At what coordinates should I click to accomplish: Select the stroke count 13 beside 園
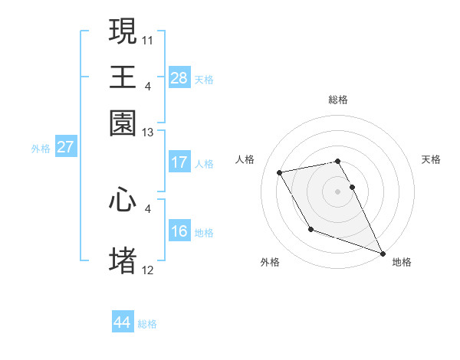(x=149, y=133)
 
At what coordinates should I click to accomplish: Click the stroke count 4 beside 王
(x=147, y=84)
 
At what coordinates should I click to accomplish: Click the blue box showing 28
(x=179, y=77)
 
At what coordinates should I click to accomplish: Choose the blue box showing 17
(x=179, y=162)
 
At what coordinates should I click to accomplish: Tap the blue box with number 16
(x=179, y=231)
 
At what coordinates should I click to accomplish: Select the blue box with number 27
(x=65, y=147)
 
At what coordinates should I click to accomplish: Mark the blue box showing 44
(x=122, y=322)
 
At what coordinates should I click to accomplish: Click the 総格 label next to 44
(x=147, y=324)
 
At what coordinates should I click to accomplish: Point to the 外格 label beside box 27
(x=41, y=149)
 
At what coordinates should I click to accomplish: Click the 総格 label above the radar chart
(x=338, y=100)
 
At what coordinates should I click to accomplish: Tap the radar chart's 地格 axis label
(x=402, y=262)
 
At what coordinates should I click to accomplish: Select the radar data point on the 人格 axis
(x=280, y=172)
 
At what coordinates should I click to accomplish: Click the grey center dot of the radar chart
(x=338, y=191)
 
